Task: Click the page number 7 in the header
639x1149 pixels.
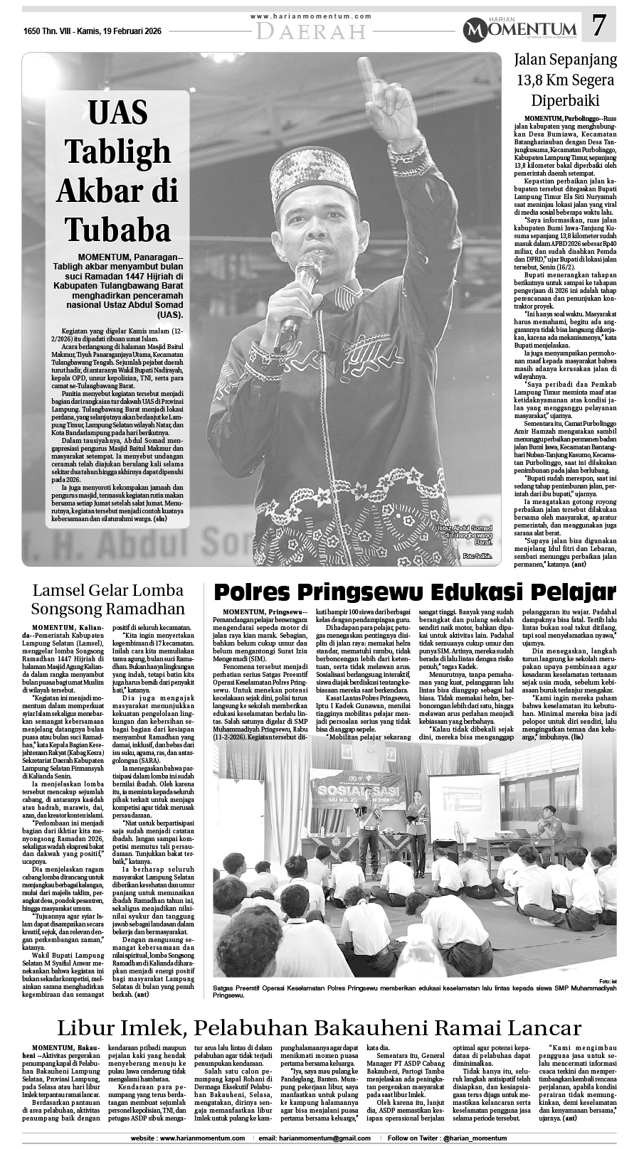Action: pos(600,27)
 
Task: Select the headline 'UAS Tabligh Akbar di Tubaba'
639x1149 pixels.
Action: pos(118,171)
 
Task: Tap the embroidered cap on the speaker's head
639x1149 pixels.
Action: pos(319,170)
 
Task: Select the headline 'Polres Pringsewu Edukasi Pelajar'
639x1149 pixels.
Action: pos(415,592)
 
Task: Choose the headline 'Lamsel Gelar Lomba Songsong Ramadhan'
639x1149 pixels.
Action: pos(107,599)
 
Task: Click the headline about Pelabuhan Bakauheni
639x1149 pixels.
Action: pos(319,1028)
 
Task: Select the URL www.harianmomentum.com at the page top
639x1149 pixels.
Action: pos(312,16)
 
